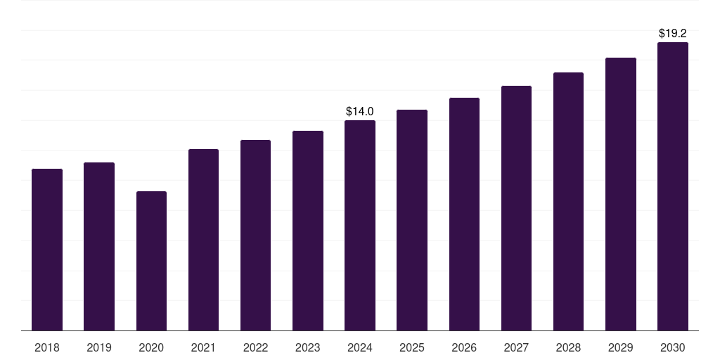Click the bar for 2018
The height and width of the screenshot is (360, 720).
[47, 250]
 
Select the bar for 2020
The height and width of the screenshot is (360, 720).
[151, 261]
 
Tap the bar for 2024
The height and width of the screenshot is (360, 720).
[360, 225]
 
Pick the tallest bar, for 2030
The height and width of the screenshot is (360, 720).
[672, 186]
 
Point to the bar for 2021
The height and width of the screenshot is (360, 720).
[203, 240]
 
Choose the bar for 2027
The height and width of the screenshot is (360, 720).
[516, 208]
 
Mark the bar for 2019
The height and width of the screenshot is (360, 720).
[99, 246]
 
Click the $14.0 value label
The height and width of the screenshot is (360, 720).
[360, 111]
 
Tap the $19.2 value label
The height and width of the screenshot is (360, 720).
[672, 33]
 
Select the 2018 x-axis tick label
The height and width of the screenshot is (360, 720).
[47, 347]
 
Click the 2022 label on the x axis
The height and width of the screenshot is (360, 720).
[255, 347]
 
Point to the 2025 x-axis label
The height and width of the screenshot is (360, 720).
[412, 347]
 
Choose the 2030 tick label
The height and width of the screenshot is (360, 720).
[672, 347]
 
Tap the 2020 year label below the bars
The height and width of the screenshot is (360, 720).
[151, 347]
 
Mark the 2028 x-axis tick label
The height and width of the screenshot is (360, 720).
[568, 347]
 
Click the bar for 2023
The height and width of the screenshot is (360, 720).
[308, 231]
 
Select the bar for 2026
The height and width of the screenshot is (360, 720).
[464, 214]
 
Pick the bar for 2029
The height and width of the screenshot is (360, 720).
[620, 194]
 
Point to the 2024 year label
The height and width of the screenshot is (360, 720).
[360, 347]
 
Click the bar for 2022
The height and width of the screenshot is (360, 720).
[255, 235]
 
